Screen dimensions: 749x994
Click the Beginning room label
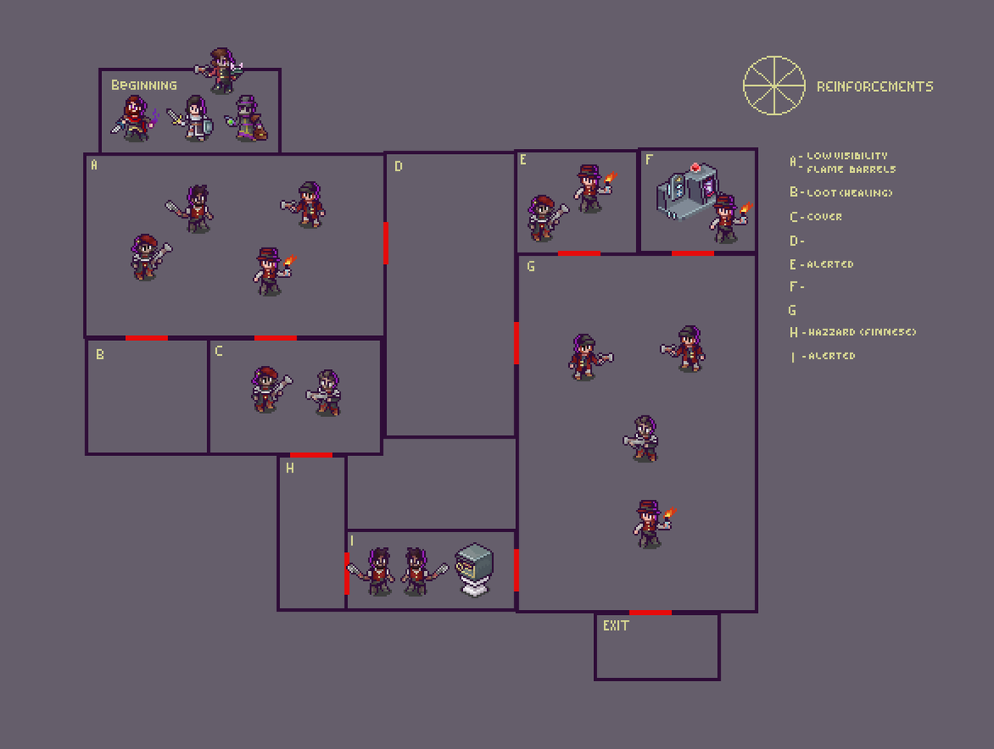(144, 85)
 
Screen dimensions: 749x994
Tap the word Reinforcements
(875, 87)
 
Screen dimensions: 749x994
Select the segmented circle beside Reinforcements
(774, 85)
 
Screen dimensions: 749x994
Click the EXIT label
(615, 626)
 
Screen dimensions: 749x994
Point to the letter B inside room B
(99, 355)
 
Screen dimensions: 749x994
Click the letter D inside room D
(398, 166)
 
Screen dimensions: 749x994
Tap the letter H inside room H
(290, 468)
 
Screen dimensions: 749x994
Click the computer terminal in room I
(475, 568)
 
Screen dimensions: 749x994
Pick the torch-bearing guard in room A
(269, 271)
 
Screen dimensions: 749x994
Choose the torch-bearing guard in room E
(590, 189)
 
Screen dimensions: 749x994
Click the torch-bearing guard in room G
(650, 523)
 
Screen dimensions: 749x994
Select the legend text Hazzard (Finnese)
(861, 333)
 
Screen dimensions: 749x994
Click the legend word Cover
(824, 217)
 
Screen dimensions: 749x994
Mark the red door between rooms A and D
(386, 243)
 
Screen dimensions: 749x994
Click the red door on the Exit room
(650, 612)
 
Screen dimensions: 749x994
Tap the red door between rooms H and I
(346, 573)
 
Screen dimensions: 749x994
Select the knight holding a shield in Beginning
(195, 119)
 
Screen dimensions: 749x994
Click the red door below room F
(692, 253)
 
